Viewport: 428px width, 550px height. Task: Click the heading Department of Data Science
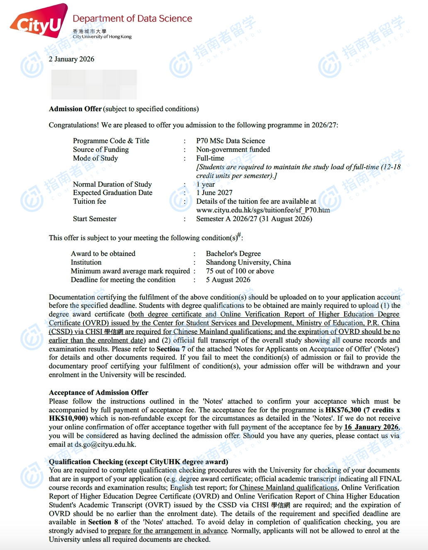pyautogui.click(x=132, y=19)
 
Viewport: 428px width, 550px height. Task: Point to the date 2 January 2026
pyautogui.click(x=71, y=59)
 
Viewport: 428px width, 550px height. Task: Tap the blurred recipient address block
pyautogui.click(x=94, y=84)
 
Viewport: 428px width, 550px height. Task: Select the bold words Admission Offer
pyautogui.click(x=75, y=109)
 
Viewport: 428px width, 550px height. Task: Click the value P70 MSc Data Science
pyautogui.click(x=230, y=141)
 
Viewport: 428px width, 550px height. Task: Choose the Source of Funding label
pyautogui.click(x=101, y=149)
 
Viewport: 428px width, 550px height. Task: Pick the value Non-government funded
pyautogui.click(x=233, y=149)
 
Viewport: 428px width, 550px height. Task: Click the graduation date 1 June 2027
pyautogui.click(x=214, y=192)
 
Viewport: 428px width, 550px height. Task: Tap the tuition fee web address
pyautogui.click(x=263, y=210)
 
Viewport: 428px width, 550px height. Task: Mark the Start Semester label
pyautogui.click(x=95, y=219)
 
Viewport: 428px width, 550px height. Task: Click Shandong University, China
pyautogui.click(x=248, y=262)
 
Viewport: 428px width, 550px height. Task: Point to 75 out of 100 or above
pyautogui.click(x=240, y=271)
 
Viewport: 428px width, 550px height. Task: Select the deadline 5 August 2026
pyautogui.click(x=228, y=280)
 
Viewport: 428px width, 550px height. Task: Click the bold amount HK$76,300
pyautogui.click(x=343, y=410)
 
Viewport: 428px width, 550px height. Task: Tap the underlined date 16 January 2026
pyautogui.click(x=371, y=427)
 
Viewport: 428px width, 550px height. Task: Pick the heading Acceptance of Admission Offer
pyautogui.click(x=98, y=392)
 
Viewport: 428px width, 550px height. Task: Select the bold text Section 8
pyautogui.click(x=103, y=522)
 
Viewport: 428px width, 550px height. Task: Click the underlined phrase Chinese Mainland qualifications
pyautogui.click(x=288, y=487)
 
